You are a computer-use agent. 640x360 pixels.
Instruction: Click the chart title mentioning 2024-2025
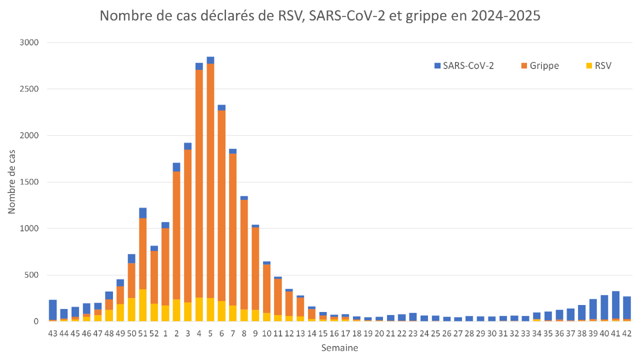pos(320,16)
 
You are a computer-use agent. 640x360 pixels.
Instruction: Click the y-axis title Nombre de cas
pos(11,181)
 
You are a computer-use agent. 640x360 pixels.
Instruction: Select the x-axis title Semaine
pos(339,348)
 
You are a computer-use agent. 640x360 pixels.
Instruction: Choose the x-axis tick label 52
pos(154,333)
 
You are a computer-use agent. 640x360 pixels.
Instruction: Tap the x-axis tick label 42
pos(627,333)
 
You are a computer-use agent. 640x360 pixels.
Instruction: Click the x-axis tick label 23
pos(413,333)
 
